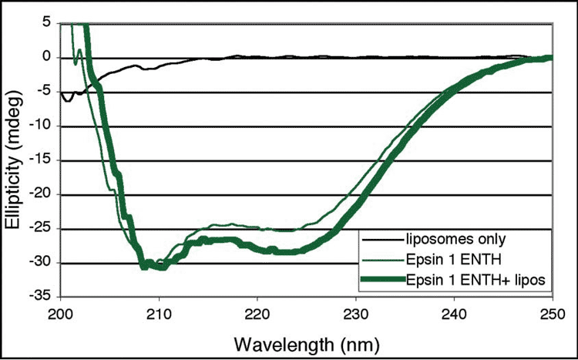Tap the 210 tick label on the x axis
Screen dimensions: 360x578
coord(159,313)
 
